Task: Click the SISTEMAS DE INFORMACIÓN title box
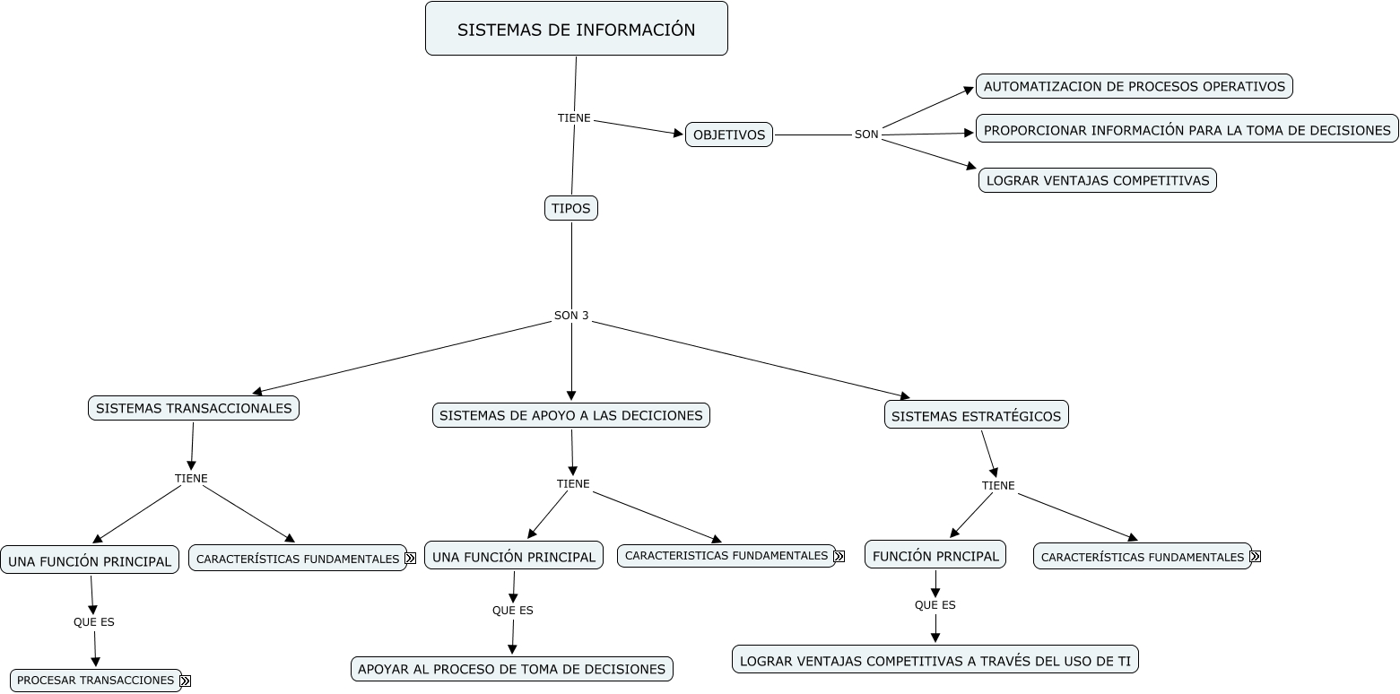tap(576, 29)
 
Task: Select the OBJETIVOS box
tap(729, 134)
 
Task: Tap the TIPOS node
tap(571, 208)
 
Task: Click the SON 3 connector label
tap(571, 316)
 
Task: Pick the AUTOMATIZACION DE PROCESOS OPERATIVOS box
tap(1134, 86)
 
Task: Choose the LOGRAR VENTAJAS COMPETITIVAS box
tap(1097, 180)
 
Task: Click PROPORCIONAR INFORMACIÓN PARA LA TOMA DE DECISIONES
tap(1187, 129)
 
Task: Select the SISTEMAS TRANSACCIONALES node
tap(194, 408)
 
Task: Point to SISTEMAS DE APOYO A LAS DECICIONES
tap(571, 415)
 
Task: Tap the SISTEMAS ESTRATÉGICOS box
tap(976, 415)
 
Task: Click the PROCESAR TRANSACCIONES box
tap(95, 681)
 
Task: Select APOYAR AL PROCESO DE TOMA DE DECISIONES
tap(511, 669)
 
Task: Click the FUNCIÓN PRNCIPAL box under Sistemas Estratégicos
tap(935, 555)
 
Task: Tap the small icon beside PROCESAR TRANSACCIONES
tap(186, 681)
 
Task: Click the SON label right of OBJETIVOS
tap(866, 134)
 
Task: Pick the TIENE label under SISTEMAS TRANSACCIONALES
tap(191, 478)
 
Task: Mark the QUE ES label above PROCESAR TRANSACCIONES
tap(94, 621)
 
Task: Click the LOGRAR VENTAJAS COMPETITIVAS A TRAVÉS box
tap(935, 660)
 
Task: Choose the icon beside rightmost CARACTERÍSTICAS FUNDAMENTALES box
tap(1255, 557)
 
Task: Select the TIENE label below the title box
tap(574, 117)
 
